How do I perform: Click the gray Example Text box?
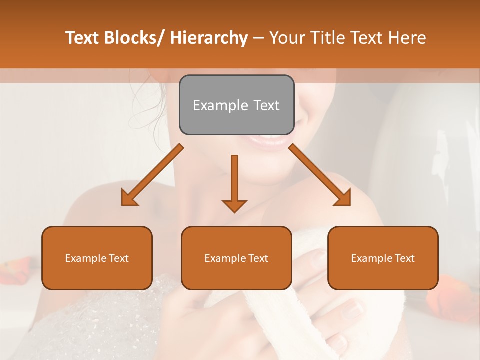pyautogui.click(x=236, y=105)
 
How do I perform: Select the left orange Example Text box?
pyautogui.click(x=97, y=258)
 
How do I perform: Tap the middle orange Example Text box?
pyautogui.click(x=236, y=258)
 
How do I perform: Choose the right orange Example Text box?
pyautogui.click(x=383, y=258)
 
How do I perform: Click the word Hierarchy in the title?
pyautogui.click(x=209, y=38)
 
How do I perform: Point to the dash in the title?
pyautogui.click(x=258, y=38)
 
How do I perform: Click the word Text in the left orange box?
pyautogui.click(x=119, y=258)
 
